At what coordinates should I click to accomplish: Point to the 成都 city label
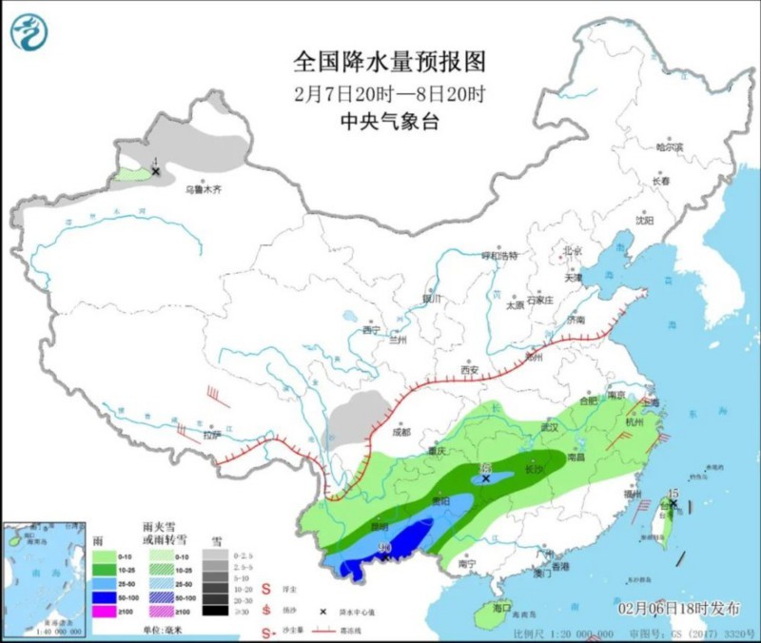(x=400, y=432)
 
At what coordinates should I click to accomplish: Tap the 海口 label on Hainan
(x=501, y=607)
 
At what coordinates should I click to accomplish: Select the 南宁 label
(x=467, y=563)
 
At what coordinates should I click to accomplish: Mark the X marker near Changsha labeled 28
(x=486, y=479)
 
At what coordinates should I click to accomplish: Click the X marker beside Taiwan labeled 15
(x=673, y=503)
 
